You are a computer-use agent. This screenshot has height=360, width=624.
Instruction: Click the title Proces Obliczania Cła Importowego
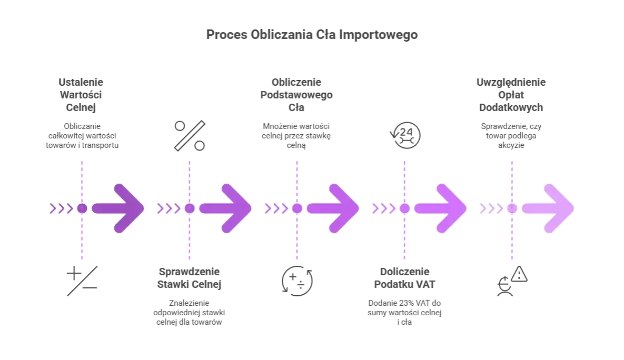pyautogui.click(x=312, y=35)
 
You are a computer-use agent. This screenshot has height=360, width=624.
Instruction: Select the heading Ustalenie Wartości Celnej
pyautogui.click(x=81, y=95)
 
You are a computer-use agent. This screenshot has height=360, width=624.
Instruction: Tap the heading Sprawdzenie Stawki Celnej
pyautogui.click(x=189, y=278)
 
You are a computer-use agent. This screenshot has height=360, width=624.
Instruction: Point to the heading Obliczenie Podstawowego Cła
pyautogui.click(x=296, y=95)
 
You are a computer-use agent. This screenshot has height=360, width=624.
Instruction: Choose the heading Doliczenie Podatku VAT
pyautogui.click(x=405, y=278)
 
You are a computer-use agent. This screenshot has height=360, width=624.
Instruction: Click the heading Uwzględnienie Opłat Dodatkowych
pyautogui.click(x=511, y=95)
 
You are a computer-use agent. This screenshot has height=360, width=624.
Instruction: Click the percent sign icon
pyautogui.click(x=190, y=136)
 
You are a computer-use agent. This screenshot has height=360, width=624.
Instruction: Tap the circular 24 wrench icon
pyautogui.click(x=405, y=135)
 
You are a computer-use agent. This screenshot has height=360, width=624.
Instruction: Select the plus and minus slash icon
pyautogui.click(x=82, y=281)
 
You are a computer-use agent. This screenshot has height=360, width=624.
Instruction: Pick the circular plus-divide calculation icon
pyautogui.click(x=298, y=281)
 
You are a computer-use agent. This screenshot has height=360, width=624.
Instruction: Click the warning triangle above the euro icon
pyautogui.click(x=519, y=274)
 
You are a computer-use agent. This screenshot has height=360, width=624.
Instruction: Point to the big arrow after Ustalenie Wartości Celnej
pyautogui.click(x=118, y=208)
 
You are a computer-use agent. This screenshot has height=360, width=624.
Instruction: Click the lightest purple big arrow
pyautogui.click(x=548, y=208)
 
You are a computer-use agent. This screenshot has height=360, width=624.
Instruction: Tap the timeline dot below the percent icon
pyautogui.click(x=190, y=208)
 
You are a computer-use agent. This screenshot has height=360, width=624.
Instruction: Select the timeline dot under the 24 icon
pyautogui.click(x=405, y=208)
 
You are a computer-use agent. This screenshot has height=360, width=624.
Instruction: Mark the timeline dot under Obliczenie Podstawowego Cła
pyautogui.click(x=298, y=208)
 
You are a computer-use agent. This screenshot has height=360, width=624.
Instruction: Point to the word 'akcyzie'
pyautogui.click(x=511, y=145)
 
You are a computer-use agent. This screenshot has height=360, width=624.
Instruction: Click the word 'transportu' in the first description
pyautogui.click(x=100, y=145)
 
